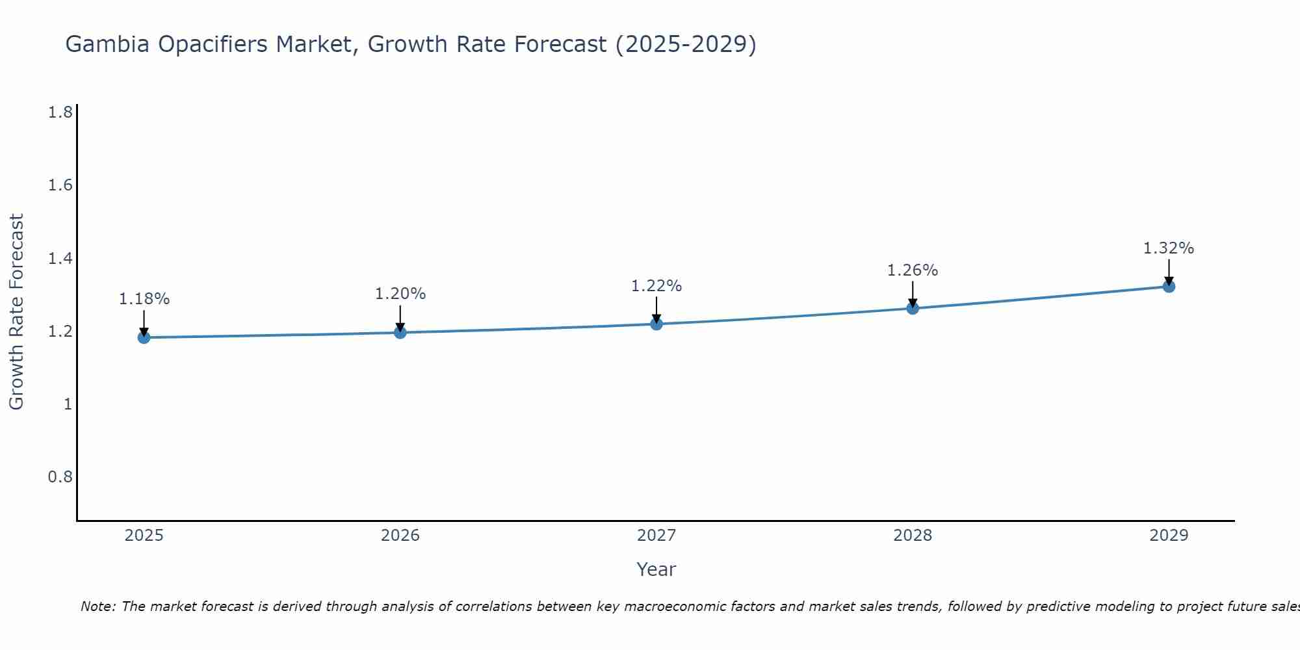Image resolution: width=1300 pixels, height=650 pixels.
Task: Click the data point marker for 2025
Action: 144,337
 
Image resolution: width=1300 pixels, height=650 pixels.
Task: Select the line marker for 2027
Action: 656,324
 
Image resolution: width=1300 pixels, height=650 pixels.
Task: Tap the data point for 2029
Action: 1169,287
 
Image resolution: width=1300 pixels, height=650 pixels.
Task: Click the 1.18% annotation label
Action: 144,299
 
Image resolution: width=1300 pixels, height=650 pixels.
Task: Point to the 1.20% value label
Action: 400,294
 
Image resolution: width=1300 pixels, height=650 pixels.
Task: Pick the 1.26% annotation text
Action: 913,270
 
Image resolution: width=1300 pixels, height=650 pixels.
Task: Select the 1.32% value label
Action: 1169,248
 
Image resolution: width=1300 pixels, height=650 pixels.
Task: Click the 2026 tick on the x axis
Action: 400,536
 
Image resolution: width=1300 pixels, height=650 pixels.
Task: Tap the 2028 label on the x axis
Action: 913,536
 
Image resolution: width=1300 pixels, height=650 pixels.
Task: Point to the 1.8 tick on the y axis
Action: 60,113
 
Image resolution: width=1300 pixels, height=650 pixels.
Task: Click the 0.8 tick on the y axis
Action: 60,477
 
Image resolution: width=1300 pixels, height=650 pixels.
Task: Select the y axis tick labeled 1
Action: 67,404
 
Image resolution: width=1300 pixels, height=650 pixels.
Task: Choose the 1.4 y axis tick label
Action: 60,259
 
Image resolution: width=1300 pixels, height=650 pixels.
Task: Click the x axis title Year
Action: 656,569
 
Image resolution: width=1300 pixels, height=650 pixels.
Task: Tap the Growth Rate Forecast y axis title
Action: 17,312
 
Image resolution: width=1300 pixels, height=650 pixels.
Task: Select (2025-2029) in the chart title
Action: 686,44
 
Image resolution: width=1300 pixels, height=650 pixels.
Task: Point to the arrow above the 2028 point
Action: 913,294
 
